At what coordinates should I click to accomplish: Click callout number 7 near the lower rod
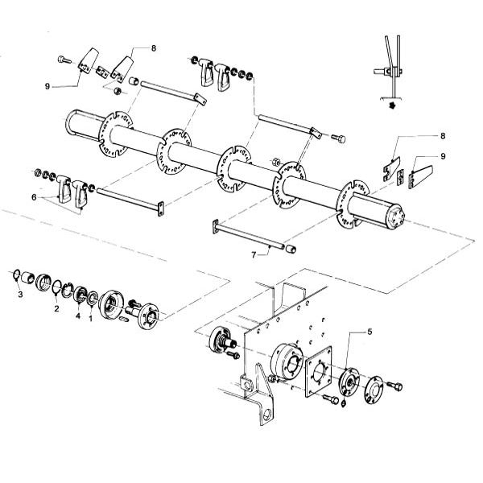pos(254,255)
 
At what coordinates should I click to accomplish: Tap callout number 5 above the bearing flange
pos(369,332)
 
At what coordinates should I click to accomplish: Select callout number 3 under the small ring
pos(20,295)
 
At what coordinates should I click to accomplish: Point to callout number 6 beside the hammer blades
pos(34,197)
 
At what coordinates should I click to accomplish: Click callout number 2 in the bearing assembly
pos(56,308)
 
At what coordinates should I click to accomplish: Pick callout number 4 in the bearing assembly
pos(78,316)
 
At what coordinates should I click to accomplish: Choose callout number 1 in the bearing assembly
pos(90,318)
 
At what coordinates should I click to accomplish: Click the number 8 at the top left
pos(154,48)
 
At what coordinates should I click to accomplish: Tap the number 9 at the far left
pos(47,87)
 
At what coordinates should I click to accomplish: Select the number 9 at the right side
pos(443,156)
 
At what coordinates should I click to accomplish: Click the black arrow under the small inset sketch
pos(393,105)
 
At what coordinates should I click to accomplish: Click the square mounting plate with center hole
pos(319,372)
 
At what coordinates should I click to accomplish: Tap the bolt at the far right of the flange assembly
pos(394,386)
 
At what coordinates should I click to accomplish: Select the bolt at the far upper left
pos(64,60)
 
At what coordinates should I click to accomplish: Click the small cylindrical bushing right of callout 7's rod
pos(291,249)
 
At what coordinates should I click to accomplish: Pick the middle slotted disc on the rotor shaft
pos(234,169)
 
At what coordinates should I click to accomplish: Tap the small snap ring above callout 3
pos(17,275)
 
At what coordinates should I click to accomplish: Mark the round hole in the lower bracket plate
pos(267,415)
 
